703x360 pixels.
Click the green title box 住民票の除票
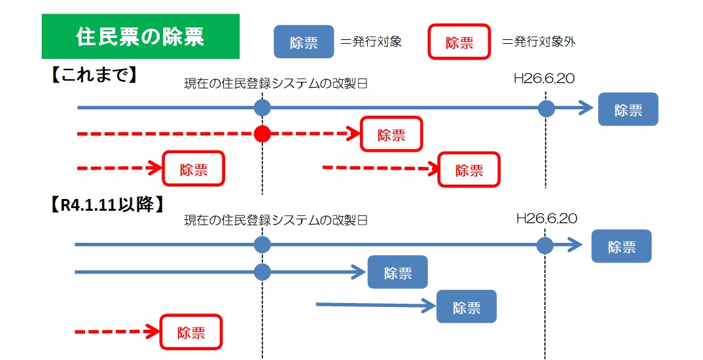[x=141, y=37]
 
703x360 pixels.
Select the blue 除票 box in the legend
[x=303, y=43]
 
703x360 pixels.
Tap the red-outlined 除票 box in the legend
[x=459, y=43]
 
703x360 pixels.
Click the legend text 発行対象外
[x=539, y=43]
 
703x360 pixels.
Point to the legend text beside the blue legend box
[x=371, y=43]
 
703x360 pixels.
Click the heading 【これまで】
[x=94, y=75]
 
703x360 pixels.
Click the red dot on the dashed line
[x=262, y=135]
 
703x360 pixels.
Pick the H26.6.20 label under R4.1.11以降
[x=547, y=219]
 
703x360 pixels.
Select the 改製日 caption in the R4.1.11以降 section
[x=276, y=221]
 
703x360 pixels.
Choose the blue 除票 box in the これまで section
[x=628, y=110]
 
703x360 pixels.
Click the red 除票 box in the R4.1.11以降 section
[x=191, y=333]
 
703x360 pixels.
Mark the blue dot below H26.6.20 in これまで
[x=547, y=109]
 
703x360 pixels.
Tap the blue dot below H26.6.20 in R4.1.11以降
[x=545, y=245]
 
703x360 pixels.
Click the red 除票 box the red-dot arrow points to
[x=391, y=135]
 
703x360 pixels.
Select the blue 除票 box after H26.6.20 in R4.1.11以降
[x=621, y=246]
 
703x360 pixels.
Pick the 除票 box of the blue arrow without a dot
[x=466, y=307]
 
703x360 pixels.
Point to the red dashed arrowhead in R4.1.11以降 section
[x=152, y=333]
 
